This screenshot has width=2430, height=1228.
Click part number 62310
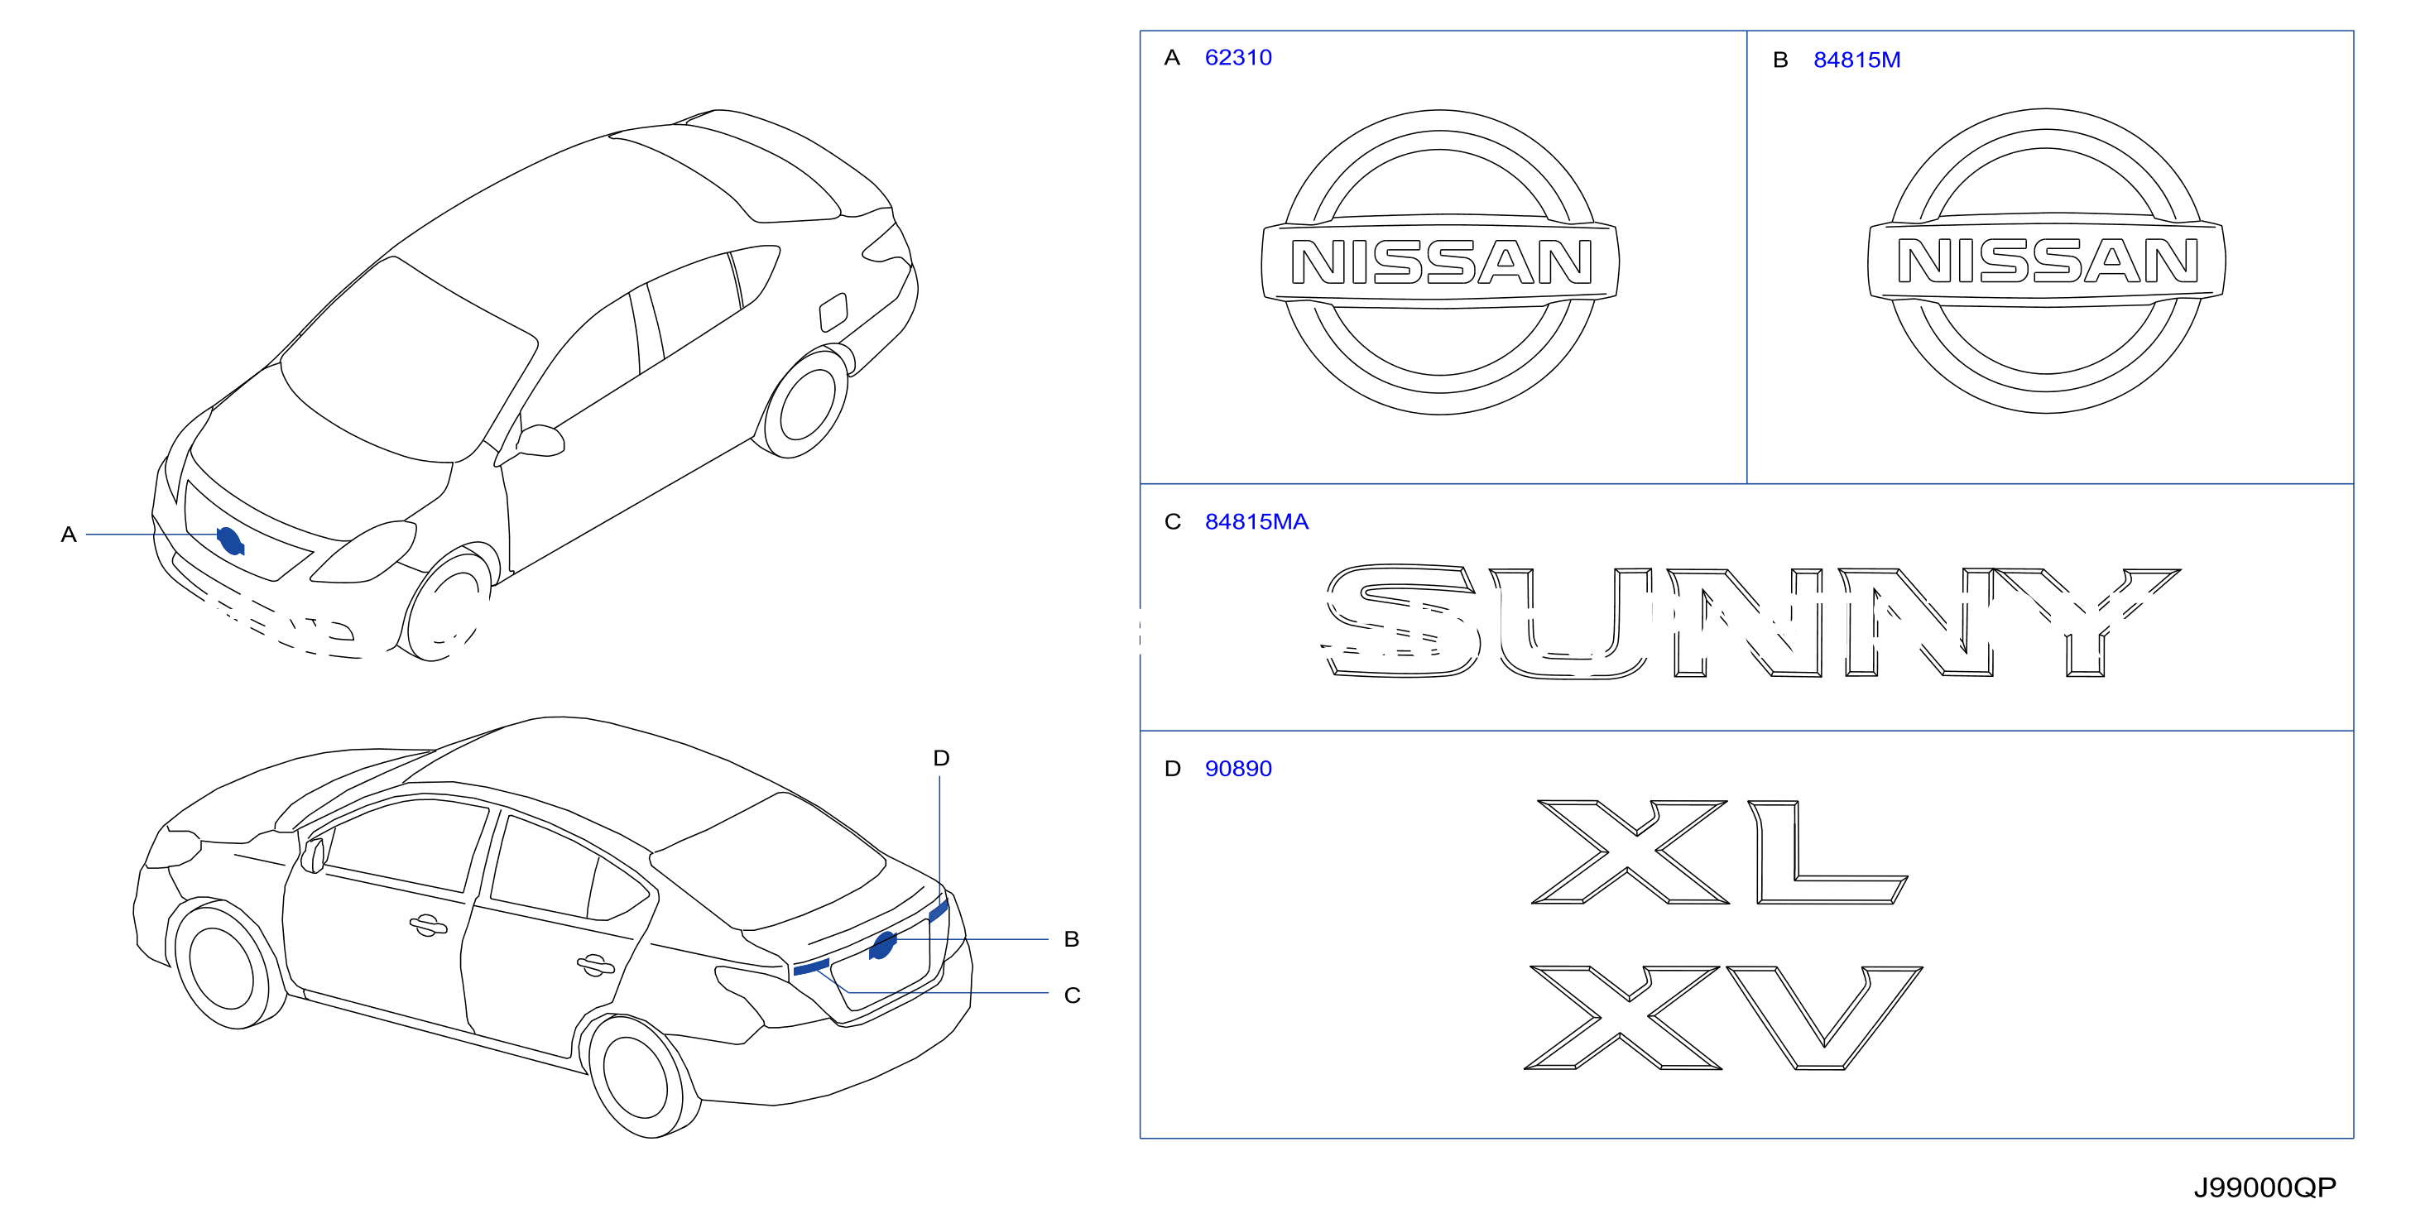[x=1237, y=58]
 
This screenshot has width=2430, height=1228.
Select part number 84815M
[x=1856, y=60]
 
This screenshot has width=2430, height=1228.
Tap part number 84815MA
[x=1256, y=521]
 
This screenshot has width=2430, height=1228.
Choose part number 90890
[x=1237, y=769]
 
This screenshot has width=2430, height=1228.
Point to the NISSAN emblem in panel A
[x=1440, y=261]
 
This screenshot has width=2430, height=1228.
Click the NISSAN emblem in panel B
[x=2047, y=261]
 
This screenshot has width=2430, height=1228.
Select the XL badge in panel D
[x=1719, y=851]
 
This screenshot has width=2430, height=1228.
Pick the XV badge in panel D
[x=1722, y=1017]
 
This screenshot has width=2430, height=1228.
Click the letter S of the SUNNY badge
[x=1400, y=621]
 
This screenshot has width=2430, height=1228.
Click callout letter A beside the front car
[x=68, y=535]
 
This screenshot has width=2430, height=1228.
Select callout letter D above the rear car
[x=940, y=757]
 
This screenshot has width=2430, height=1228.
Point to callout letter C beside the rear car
[x=1072, y=995]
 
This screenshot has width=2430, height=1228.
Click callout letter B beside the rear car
[x=1071, y=938]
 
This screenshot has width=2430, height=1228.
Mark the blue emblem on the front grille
[x=230, y=540]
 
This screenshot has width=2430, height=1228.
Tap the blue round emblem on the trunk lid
[x=883, y=944]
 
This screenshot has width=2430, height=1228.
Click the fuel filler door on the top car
[x=834, y=312]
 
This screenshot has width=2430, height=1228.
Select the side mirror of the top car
[x=540, y=440]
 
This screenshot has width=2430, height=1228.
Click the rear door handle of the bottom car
[x=595, y=965]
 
